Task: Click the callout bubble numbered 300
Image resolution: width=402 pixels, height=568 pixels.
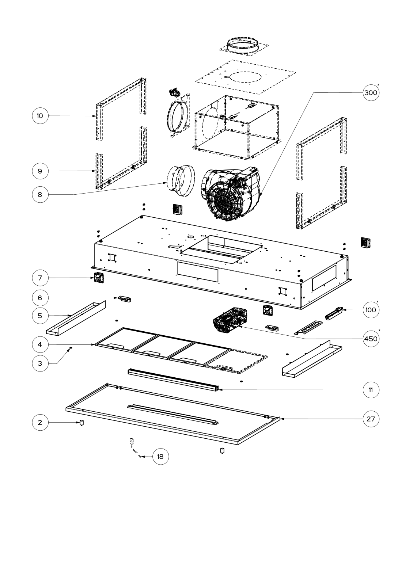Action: pyautogui.click(x=371, y=93)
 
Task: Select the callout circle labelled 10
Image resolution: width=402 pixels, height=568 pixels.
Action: pyautogui.click(x=40, y=116)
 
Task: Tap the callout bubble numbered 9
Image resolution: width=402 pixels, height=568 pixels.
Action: pyautogui.click(x=40, y=171)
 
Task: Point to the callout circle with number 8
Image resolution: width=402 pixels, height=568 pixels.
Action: pyautogui.click(x=40, y=195)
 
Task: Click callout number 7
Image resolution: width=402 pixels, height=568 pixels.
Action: pyautogui.click(x=40, y=278)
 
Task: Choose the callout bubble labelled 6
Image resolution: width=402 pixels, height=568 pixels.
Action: pyautogui.click(x=40, y=298)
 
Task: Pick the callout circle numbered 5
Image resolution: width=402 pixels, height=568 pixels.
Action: pyautogui.click(x=40, y=315)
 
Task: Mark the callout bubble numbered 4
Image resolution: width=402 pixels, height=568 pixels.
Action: pyautogui.click(x=40, y=344)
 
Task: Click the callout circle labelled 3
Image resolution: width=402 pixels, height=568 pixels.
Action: pyautogui.click(x=40, y=363)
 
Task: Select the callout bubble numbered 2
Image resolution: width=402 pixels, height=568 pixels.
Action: pyautogui.click(x=40, y=423)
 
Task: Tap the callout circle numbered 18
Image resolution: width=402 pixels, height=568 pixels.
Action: pyautogui.click(x=160, y=456)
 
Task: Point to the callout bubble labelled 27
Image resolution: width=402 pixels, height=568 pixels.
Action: pyautogui.click(x=371, y=419)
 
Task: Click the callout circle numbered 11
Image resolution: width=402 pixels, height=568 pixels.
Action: pyautogui.click(x=371, y=390)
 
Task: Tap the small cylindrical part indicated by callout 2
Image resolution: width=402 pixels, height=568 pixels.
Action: pyautogui.click(x=81, y=423)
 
